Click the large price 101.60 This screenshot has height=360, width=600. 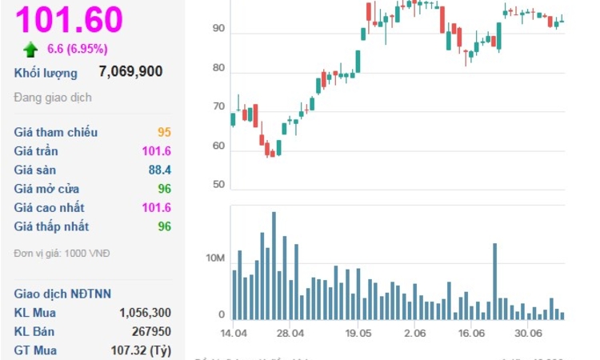[x=69, y=19]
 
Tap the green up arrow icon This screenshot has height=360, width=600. [x=31, y=50]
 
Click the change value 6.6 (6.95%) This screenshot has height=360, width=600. [x=78, y=49]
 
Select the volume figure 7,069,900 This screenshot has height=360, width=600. [x=130, y=72]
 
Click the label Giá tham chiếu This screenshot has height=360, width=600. [x=50, y=132]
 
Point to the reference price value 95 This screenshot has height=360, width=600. [x=164, y=132]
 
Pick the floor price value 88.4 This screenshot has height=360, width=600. [x=160, y=170]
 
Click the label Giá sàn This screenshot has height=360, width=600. [x=35, y=170]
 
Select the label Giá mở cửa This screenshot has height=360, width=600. [x=46, y=189]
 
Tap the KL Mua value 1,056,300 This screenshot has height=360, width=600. [x=145, y=312]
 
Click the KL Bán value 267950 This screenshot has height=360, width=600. [x=151, y=331]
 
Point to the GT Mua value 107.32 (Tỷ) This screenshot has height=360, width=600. [x=140, y=350]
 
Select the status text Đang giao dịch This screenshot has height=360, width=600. [x=53, y=98]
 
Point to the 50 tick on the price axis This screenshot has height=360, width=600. [x=218, y=185]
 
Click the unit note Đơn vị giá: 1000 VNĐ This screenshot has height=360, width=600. [x=62, y=254]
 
